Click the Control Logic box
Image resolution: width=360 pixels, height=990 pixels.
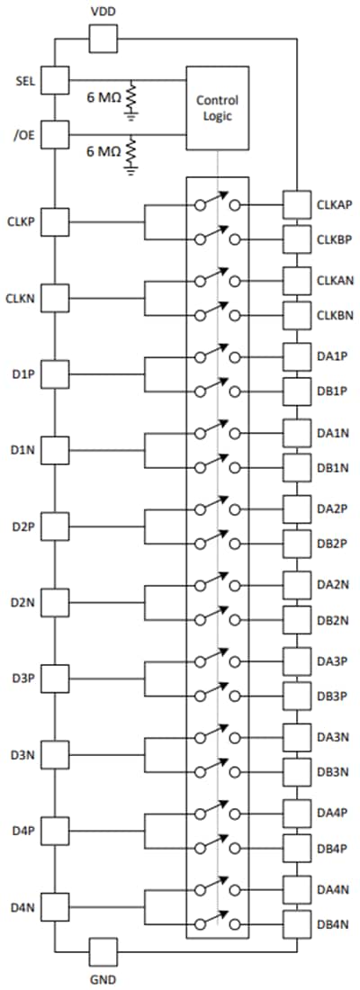click(217, 107)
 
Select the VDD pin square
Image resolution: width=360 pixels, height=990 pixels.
click(103, 39)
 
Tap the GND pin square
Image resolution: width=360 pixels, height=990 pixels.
click(103, 951)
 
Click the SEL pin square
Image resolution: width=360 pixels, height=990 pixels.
click(55, 80)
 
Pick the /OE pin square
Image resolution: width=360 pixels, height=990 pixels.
click(55, 134)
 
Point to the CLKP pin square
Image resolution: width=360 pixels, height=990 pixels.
click(55, 221)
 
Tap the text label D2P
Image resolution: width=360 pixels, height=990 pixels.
click(20, 526)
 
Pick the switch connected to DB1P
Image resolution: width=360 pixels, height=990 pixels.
click(218, 389)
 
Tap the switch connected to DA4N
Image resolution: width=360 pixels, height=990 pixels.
click(218, 887)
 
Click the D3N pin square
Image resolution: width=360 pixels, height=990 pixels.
click(55, 754)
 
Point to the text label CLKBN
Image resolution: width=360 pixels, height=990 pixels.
click(334, 314)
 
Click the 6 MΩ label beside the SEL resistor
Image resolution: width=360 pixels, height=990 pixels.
click(103, 97)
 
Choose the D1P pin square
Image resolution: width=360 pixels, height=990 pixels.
click(55, 373)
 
